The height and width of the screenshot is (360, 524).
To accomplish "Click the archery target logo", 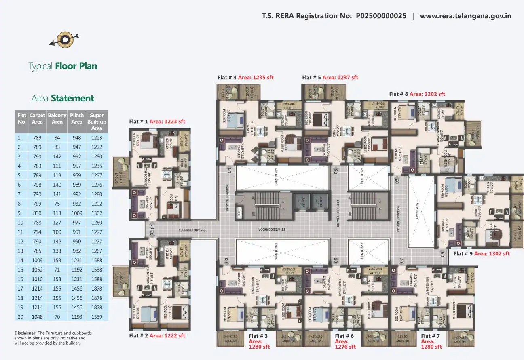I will click(x=63, y=39).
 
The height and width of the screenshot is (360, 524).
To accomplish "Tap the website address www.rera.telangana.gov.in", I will click(x=465, y=16).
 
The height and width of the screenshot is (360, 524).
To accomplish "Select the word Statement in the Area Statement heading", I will click(x=72, y=98).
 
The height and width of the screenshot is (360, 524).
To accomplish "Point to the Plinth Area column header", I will click(x=77, y=118).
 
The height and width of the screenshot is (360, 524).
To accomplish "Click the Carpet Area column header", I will click(x=37, y=118).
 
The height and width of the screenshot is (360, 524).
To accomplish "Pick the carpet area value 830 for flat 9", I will click(x=37, y=213).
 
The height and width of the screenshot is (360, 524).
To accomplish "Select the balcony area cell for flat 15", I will click(x=57, y=269).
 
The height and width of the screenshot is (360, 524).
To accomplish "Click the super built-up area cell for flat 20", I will click(x=97, y=317).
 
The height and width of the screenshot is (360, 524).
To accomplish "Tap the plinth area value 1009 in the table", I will click(x=77, y=213).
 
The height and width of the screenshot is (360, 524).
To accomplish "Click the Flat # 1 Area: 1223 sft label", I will click(x=157, y=121).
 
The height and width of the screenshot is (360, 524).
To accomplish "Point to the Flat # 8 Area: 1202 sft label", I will click(x=417, y=94).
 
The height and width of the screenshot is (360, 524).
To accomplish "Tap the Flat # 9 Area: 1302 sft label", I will click(x=482, y=254).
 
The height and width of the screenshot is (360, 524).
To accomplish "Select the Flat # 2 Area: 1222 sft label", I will click(x=157, y=335).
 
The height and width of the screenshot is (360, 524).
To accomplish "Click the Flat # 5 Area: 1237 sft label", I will click(x=330, y=77).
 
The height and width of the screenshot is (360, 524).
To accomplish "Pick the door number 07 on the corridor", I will click(x=402, y=261).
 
